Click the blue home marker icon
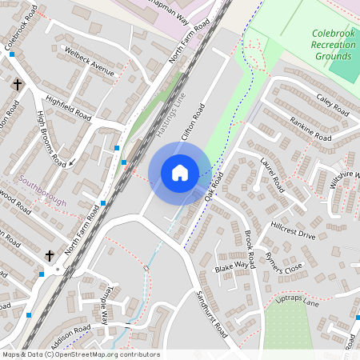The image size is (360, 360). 180,173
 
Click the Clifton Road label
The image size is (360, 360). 194,122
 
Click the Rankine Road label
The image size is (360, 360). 311,129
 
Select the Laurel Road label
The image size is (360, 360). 273,174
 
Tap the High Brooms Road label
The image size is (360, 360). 53,138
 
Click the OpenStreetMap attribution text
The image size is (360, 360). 80,354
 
